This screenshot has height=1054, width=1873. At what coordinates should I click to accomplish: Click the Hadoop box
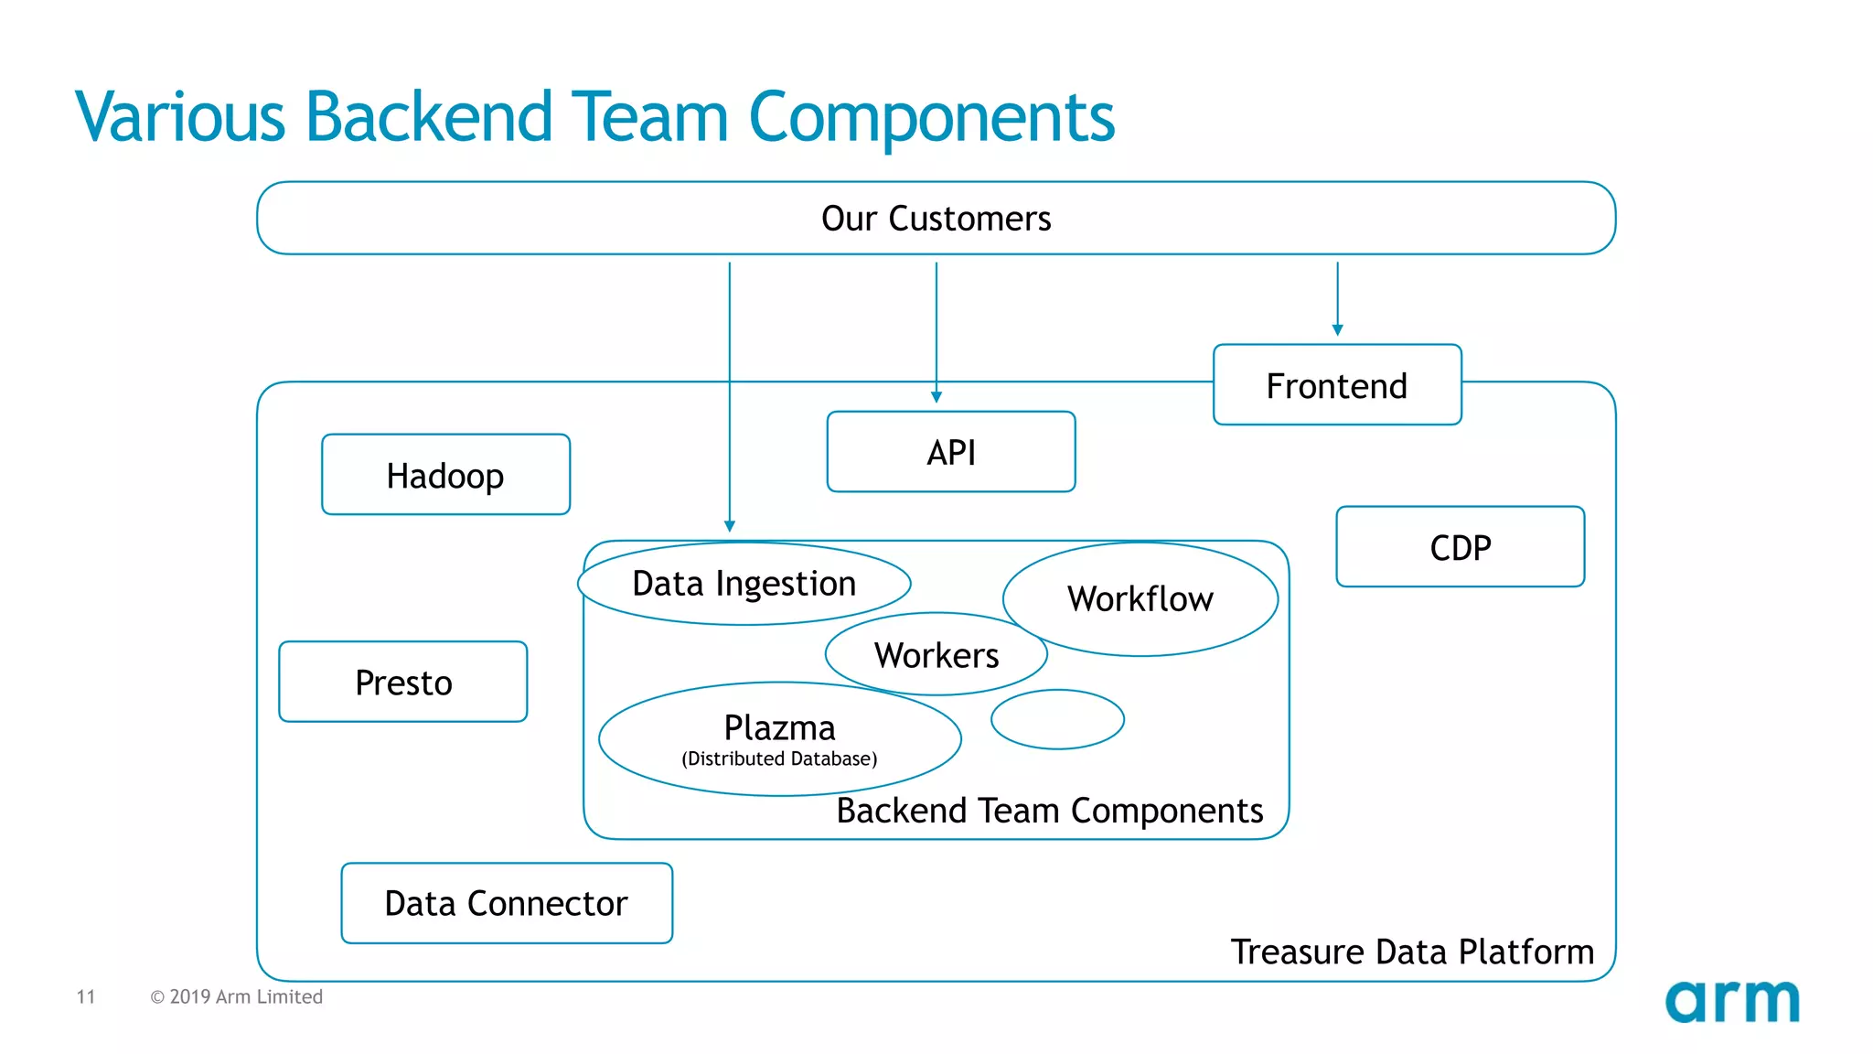pyautogui.click(x=445, y=475)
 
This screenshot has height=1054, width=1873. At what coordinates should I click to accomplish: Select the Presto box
pyautogui.click(x=402, y=683)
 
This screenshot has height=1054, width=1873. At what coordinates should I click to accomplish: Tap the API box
pyautogui.click(x=950, y=452)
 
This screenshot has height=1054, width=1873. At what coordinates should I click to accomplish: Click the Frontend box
pyautogui.click(x=1336, y=385)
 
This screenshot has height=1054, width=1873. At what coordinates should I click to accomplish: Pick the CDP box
pyautogui.click(x=1460, y=547)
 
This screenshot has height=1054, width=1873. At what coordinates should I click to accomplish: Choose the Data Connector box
pyautogui.click(x=506, y=903)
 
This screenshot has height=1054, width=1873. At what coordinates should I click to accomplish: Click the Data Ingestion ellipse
pyautogui.click(x=744, y=584)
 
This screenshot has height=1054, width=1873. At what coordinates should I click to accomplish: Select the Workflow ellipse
pyautogui.click(x=1140, y=599)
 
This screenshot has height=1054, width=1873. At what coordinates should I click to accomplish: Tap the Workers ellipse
pyautogui.click(x=936, y=655)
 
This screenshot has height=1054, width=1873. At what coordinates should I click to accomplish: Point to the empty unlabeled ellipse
pyautogui.click(x=1057, y=720)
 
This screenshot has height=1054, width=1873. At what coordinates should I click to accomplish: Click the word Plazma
pyautogui.click(x=779, y=727)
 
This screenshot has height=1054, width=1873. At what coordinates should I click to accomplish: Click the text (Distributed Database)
pyautogui.click(x=779, y=758)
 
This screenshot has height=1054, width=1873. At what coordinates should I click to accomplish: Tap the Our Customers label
pyautogui.click(x=936, y=219)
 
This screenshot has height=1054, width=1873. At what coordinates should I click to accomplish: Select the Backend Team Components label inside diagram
pyautogui.click(x=1049, y=811)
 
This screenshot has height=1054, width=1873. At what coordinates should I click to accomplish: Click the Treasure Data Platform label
pyautogui.click(x=1411, y=952)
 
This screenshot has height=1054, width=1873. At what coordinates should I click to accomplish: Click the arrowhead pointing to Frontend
pyautogui.click(x=1337, y=329)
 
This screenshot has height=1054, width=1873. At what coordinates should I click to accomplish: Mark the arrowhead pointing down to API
pyautogui.click(x=936, y=396)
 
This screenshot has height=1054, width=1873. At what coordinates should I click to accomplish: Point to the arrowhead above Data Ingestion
pyautogui.click(x=729, y=526)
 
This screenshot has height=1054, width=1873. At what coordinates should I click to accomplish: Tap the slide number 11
pyautogui.click(x=86, y=996)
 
